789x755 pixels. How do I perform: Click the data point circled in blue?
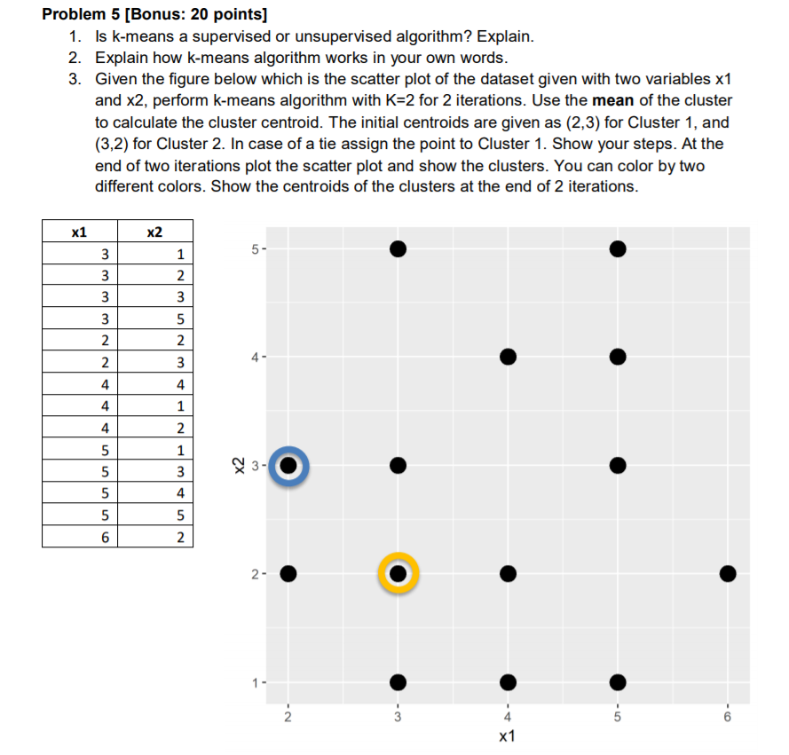coord(288,465)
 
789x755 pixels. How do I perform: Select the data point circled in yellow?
coord(398,574)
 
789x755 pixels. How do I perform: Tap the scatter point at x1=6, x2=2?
coord(728,574)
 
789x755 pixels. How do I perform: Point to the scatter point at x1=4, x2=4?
coord(508,357)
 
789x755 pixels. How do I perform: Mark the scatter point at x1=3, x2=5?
coord(398,248)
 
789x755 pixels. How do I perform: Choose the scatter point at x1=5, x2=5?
coord(618,248)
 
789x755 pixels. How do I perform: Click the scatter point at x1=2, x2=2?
coord(288,574)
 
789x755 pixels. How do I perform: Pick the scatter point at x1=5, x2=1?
coord(618,682)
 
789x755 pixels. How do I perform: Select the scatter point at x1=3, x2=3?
coord(398,465)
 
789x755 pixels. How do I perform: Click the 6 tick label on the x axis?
coord(728,716)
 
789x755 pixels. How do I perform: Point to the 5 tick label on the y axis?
coord(254,248)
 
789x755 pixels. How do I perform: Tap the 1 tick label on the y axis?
coord(254,682)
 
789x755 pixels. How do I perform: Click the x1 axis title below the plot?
coord(508,737)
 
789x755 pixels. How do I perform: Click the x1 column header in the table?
coord(80,232)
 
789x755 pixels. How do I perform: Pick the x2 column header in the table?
coord(154,232)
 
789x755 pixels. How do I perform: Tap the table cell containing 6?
coord(106,537)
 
